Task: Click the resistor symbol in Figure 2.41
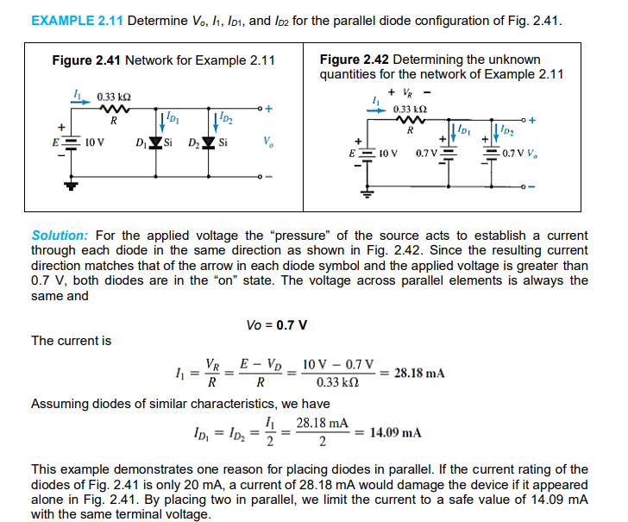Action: point(113,109)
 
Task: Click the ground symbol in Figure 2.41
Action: point(72,184)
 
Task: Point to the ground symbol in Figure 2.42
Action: point(366,194)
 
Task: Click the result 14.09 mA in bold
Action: point(395,432)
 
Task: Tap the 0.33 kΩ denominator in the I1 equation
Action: point(336,383)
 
